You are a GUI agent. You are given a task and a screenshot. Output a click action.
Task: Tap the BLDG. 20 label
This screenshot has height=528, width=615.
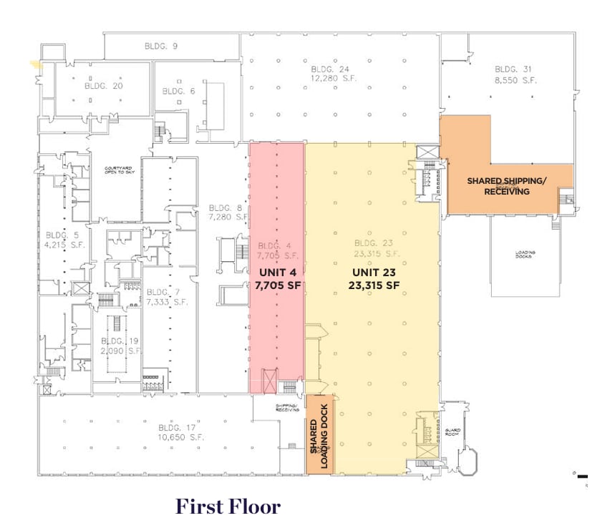point(104,86)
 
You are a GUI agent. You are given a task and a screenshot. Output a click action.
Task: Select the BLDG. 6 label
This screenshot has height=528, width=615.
point(178,91)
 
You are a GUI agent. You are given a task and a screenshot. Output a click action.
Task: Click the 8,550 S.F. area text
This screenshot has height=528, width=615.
point(514,81)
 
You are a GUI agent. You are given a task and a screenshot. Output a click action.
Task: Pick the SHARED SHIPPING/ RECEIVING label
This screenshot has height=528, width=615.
point(506,186)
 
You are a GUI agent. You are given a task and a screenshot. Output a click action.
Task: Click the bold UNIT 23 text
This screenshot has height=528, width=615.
point(374,273)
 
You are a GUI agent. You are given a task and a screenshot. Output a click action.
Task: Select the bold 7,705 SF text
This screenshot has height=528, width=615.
point(278,285)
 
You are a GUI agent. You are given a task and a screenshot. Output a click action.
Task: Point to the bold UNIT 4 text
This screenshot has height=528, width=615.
point(278,273)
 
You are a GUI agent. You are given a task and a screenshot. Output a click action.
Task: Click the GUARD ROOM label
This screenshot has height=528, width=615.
point(452,431)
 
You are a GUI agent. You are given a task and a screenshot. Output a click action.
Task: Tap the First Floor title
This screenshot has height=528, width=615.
point(228,507)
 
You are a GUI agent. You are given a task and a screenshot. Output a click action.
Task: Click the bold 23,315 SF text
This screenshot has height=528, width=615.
point(374,285)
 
